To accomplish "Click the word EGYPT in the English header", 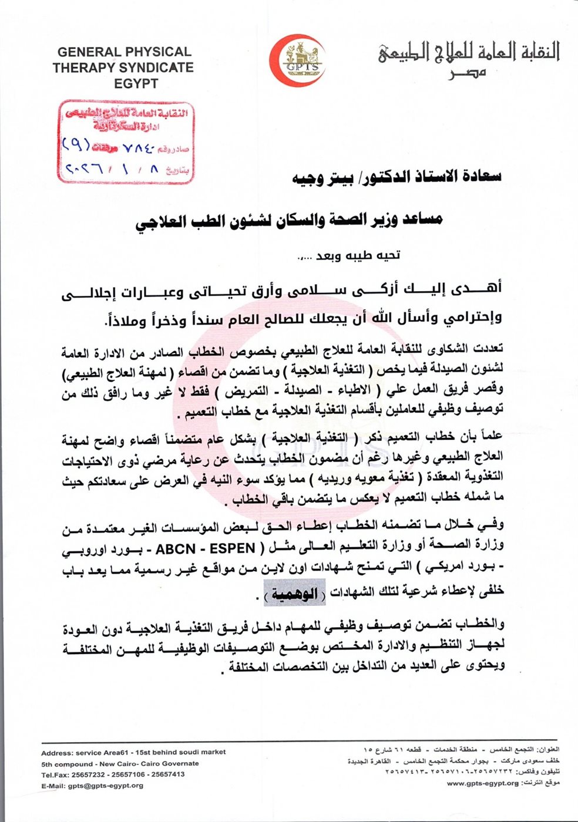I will pyautogui.click(x=136, y=83).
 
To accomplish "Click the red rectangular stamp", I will pyautogui.click(x=126, y=142).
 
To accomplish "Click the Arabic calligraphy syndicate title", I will pyautogui.click(x=468, y=52).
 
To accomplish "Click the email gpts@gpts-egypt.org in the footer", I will pyautogui.click(x=105, y=786).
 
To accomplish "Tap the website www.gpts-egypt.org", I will pyautogui.click(x=482, y=783).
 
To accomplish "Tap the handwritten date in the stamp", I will pyautogui.click(x=112, y=169).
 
